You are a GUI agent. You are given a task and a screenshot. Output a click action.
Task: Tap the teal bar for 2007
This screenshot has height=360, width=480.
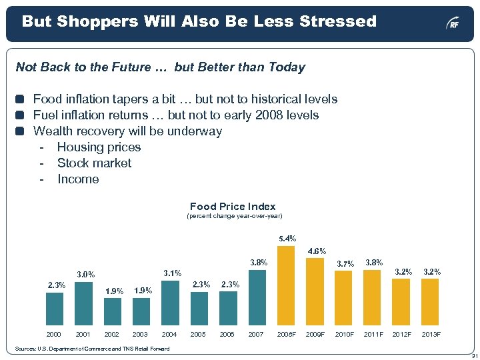[x=257, y=297]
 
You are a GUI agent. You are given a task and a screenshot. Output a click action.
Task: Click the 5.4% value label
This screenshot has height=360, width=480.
[x=287, y=239]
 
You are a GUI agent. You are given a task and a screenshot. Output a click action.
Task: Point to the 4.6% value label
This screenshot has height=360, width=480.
[x=316, y=251]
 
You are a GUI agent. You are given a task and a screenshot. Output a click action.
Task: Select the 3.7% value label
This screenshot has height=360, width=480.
[x=345, y=264]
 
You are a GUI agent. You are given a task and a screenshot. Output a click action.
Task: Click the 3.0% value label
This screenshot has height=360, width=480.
[x=85, y=274]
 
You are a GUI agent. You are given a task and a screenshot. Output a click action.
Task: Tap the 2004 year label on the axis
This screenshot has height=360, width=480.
[x=169, y=333]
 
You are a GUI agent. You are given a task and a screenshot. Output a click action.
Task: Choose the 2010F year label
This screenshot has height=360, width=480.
[x=345, y=333]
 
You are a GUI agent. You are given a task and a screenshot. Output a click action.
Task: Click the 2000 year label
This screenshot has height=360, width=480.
[x=54, y=333]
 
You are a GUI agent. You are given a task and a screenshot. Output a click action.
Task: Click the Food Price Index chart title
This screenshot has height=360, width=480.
[x=233, y=207]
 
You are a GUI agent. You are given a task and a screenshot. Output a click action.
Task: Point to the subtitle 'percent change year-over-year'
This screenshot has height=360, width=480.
[x=234, y=216]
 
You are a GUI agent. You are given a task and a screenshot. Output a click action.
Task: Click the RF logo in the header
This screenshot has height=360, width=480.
[x=453, y=24]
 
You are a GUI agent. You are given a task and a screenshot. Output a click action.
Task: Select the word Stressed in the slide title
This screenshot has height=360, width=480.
[x=338, y=21]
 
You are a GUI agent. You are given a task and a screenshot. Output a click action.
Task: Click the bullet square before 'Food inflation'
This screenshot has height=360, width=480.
[x=20, y=99]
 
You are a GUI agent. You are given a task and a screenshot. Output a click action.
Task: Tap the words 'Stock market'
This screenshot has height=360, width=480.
[x=94, y=163]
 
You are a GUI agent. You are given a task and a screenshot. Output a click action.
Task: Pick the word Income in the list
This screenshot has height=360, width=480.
[x=78, y=179]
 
